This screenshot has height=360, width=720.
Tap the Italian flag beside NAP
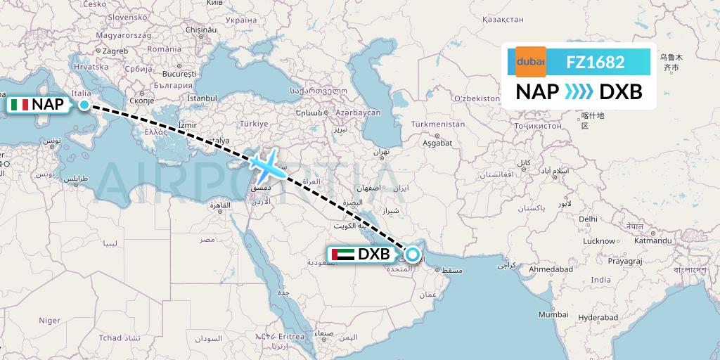(x=20, y=105)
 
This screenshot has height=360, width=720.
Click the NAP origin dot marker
(x=84, y=105)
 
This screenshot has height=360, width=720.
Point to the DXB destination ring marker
(x=412, y=255)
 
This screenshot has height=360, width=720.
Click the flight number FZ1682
(x=596, y=62)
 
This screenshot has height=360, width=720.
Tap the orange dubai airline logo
(x=531, y=62)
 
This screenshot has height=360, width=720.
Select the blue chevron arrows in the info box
(x=578, y=91)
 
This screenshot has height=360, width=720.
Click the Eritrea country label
(x=290, y=336)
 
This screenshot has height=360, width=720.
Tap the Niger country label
(x=49, y=320)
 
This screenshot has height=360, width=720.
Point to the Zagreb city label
(x=115, y=51)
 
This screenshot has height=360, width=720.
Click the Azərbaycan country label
(x=358, y=112)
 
